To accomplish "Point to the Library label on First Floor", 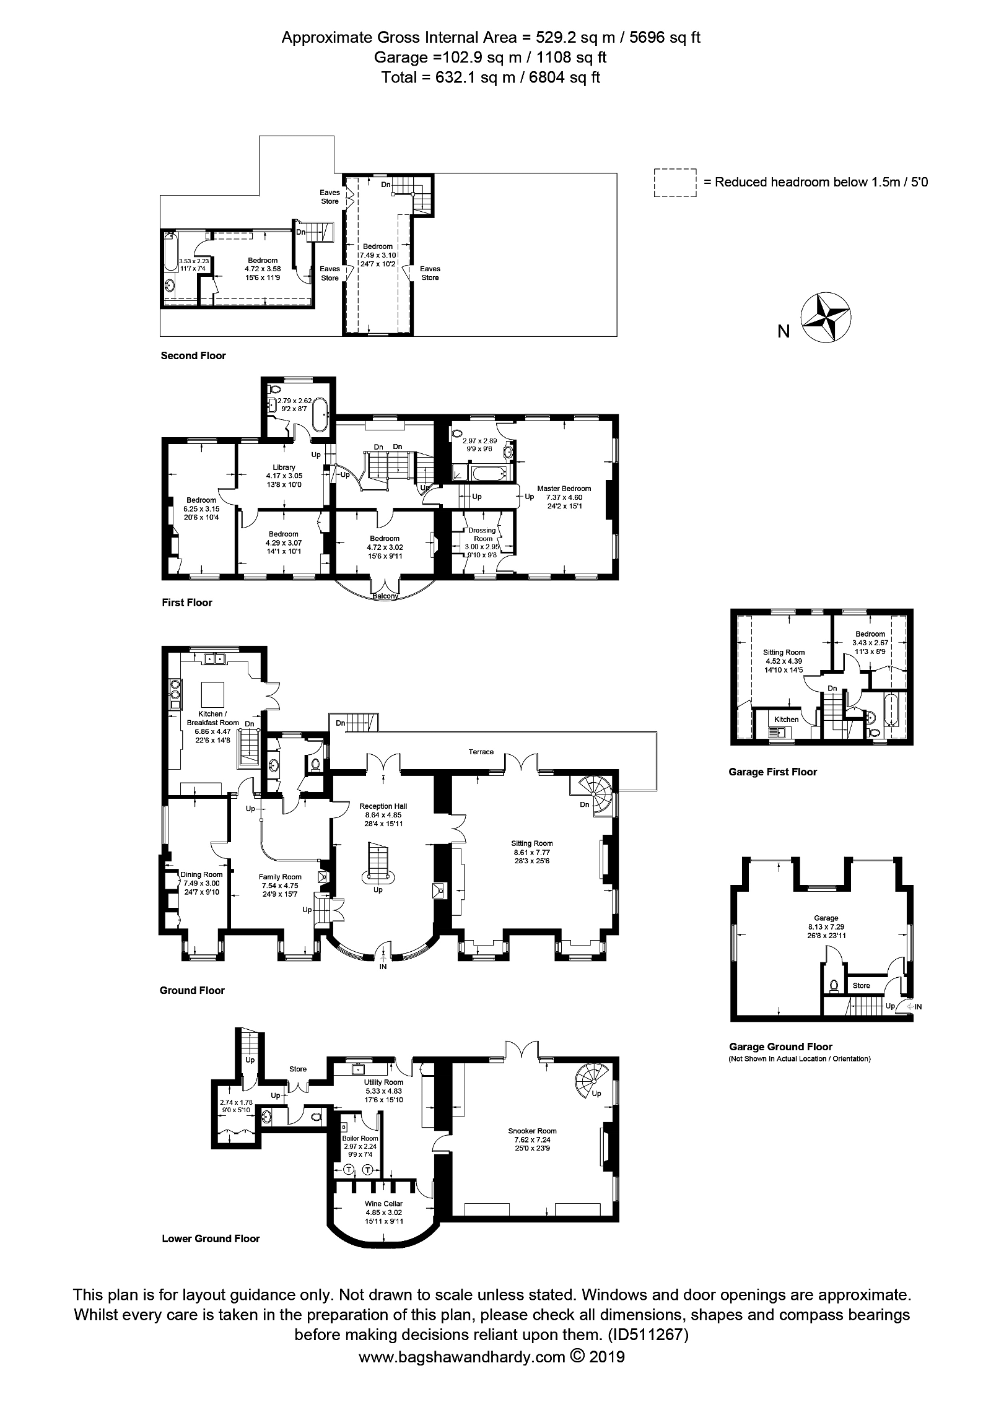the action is (x=284, y=467).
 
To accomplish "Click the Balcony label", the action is (x=385, y=596).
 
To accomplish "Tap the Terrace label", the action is (x=481, y=752).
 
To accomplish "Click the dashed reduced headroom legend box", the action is (x=674, y=183).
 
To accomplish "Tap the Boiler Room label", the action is (x=360, y=1138).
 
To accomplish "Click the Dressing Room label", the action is (x=482, y=534).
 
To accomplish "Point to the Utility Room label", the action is (x=383, y=1082).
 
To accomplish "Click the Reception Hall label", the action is (x=383, y=806).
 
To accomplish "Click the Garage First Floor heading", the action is (x=772, y=772).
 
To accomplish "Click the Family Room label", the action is (x=280, y=877).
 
